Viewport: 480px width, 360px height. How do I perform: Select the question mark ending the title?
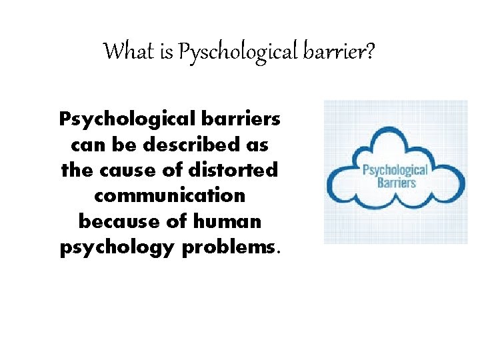pyautogui.click(x=369, y=51)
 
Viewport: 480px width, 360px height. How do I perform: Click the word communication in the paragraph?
pyautogui.click(x=170, y=195)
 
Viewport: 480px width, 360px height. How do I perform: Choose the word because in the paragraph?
pyautogui.click(x=114, y=220)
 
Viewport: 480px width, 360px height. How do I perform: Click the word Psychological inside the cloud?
pyautogui.click(x=395, y=169)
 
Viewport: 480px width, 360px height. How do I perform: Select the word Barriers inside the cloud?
pyautogui.click(x=396, y=182)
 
